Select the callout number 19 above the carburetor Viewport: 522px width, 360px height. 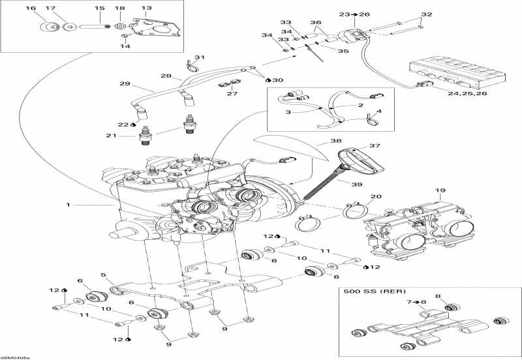click(x=440, y=191)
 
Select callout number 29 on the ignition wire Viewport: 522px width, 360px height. click(x=125, y=84)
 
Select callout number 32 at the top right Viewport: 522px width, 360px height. click(x=426, y=14)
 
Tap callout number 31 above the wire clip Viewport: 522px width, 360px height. click(x=199, y=57)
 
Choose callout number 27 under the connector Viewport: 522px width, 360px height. click(x=232, y=93)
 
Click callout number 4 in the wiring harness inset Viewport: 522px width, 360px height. click(x=380, y=112)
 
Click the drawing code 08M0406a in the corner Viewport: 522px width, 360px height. click(x=16, y=356)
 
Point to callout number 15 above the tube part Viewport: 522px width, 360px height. click(x=99, y=8)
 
